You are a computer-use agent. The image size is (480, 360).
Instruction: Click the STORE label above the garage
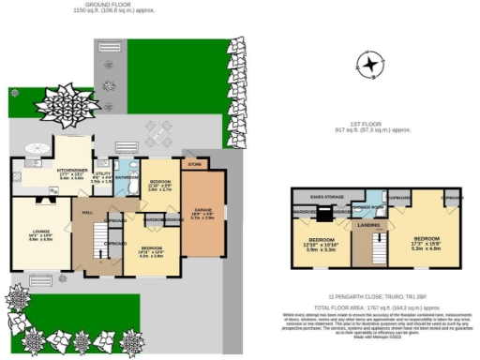[195, 164]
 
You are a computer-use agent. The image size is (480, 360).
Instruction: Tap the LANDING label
[367, 225]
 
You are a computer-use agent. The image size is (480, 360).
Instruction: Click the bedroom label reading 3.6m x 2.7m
[160, 184]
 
